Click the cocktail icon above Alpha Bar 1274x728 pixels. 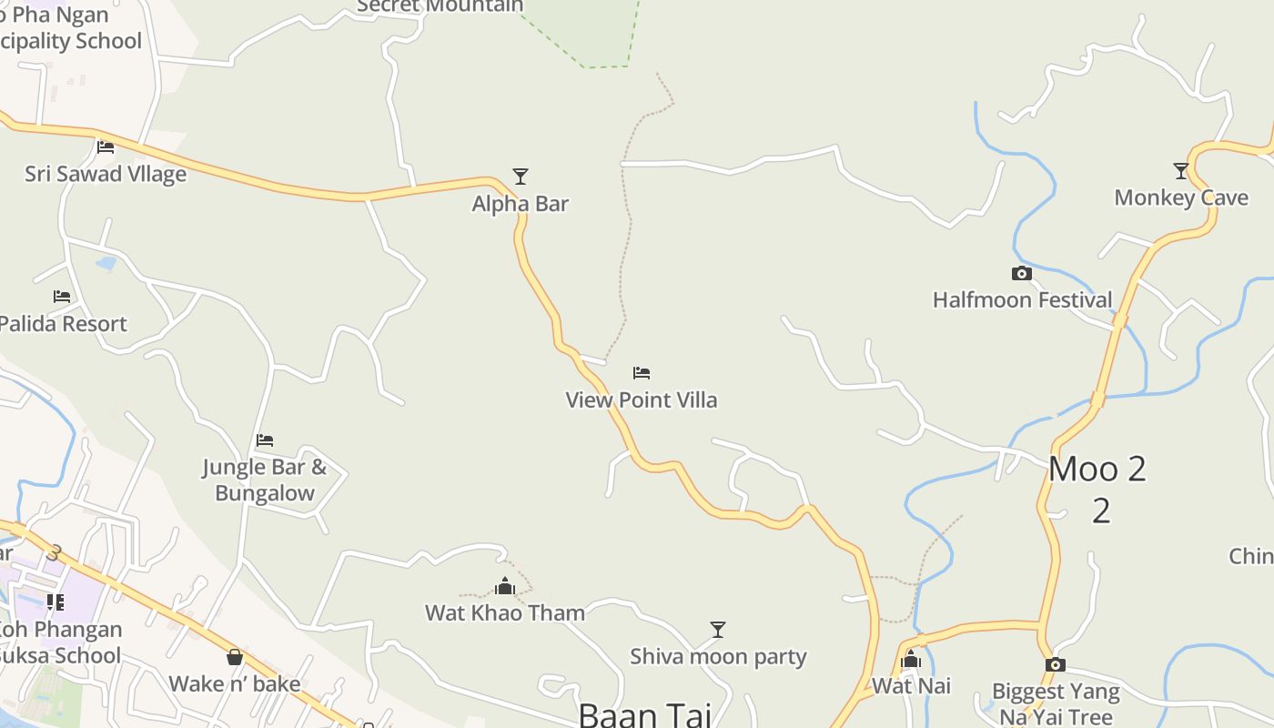tap(521, 176)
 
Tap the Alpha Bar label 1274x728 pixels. tap(520, 204)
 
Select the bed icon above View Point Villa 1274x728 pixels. tap(642, 372)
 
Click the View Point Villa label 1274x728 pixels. tap(642, 399)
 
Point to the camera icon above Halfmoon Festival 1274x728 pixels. tap(1022, 273)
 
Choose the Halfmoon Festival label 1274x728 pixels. tap(1022, 300)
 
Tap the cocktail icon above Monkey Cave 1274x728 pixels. tap(1181, 170)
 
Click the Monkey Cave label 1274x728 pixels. tap(1181, 197)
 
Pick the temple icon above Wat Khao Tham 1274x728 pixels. tap(505, 586)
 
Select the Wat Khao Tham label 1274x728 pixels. tap(505, 612)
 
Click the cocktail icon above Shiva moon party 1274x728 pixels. tap(718, 629)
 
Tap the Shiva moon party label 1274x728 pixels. tap(718, 656)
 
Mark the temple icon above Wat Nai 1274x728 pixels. tap(911, 659)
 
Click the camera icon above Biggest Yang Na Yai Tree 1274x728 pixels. tap(1056, 664)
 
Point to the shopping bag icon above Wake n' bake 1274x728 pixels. tap(235, 656)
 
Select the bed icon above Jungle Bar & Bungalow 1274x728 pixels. tap(265, 440)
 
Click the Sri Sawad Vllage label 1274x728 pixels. tap(106, 174)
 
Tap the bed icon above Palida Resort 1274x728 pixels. tap(62, 297)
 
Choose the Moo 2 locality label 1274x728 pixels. tap(1097, 470)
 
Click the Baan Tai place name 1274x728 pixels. tap(643, 713)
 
